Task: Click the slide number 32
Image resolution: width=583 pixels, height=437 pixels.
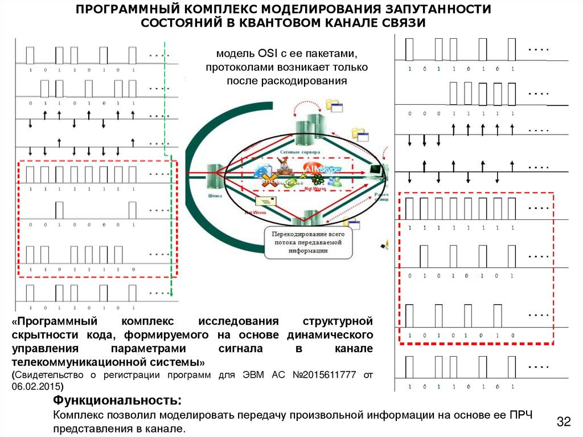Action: point(563,422)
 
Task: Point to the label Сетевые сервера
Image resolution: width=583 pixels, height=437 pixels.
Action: point(300,153)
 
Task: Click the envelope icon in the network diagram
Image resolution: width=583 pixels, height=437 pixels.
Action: point(266,201)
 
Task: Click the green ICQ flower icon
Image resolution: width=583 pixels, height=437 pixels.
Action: point(317,182)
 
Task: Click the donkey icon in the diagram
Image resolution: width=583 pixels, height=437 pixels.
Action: point(282,169)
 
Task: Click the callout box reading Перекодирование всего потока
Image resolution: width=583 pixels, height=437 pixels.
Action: point(307,242)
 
